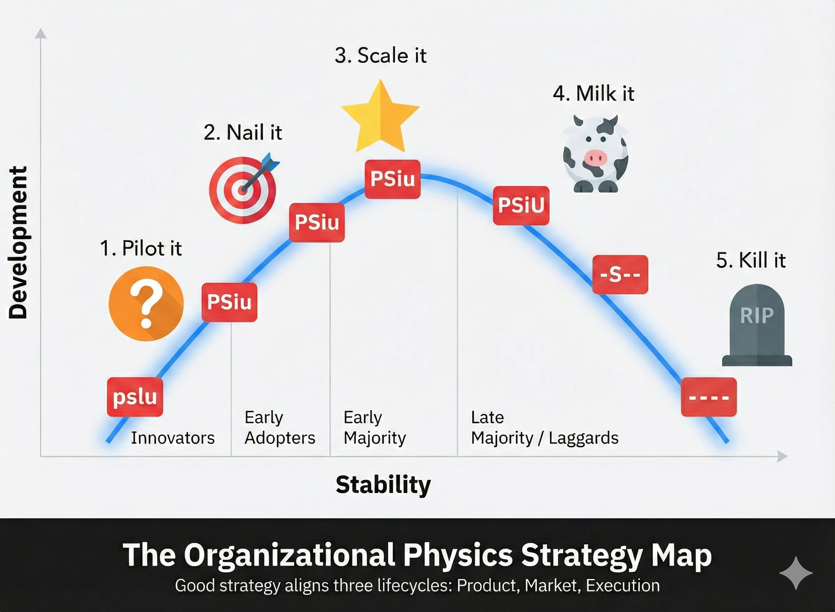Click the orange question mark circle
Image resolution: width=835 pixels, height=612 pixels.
146,304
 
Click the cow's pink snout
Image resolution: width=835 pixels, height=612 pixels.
596,158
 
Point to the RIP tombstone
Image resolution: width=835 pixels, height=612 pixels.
757,325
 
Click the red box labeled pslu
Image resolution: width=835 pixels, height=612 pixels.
135,397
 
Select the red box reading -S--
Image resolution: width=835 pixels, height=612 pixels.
620,274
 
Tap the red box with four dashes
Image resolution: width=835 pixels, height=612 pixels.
709,397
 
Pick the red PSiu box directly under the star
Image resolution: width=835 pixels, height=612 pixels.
392,179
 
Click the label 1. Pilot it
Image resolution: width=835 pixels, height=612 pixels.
141,248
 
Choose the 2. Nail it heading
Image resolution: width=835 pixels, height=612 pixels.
243,132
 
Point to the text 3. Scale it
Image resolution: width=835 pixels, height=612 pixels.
380,56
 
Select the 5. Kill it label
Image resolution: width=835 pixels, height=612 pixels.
750,260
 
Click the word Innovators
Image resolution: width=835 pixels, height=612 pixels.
173,438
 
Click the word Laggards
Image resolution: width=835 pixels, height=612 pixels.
583,438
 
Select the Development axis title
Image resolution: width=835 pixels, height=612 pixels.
18,242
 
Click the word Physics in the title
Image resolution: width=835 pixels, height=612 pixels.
458,555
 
